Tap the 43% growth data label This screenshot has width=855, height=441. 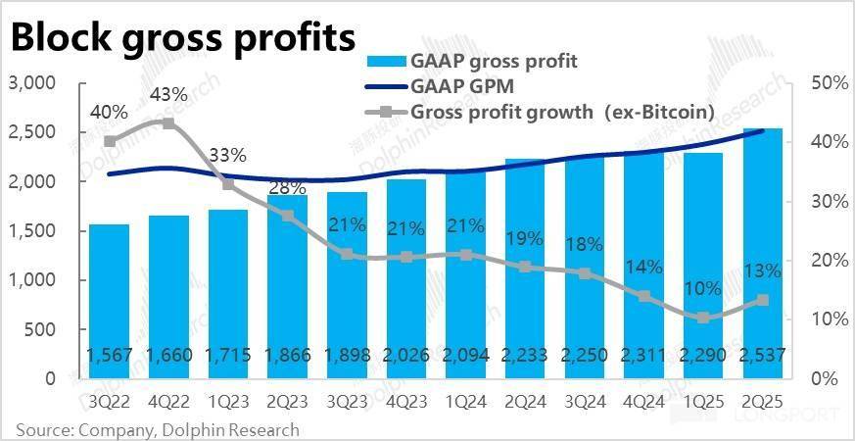pyautogui.click(x=168, y=95)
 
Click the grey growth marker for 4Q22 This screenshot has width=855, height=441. pyautogui.click(x=168, y=123)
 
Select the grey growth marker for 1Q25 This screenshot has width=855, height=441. pyautogui.click(x=702, y=318)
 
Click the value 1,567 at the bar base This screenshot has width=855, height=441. pyautogui.click(x=109, y=359)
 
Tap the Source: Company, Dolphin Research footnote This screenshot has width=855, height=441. pyautogui.click(x=157, y=429)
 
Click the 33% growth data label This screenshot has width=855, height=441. pyautogui.click(x=228, y=155)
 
